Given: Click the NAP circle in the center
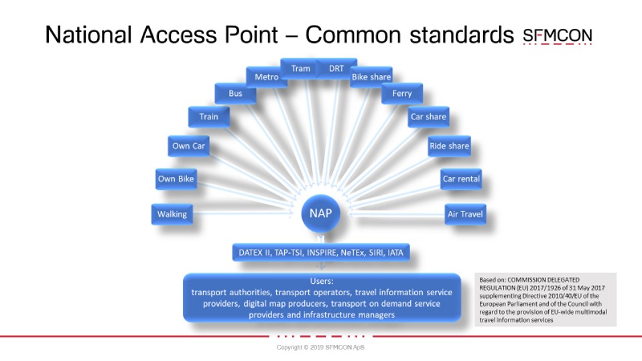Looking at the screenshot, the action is click(320, 213).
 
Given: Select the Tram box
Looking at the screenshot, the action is click(300, 68).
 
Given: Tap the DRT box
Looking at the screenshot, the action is click(337, 68).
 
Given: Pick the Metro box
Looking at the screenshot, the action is click(267, 77).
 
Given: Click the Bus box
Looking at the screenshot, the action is click(235, 93).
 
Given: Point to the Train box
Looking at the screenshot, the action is click(209, 117).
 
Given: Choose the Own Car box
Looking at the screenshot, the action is click(188, 146).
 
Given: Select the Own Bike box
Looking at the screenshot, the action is click(176, 178).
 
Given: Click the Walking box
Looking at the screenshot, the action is click(172, 214).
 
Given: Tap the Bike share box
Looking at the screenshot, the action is click(371, 77).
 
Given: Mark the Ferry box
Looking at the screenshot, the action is click(402, 93).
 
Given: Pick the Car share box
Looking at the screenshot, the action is click(428, 117).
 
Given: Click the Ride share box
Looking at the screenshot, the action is click(449, 146).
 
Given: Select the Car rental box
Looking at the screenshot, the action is click(461, 178).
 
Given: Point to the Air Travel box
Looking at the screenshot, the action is click(465, 214).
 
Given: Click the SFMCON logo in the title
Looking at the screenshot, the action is click(558, 36).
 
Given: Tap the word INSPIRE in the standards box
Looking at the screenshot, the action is click(322, 253).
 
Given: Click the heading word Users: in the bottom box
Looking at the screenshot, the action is click(322, 281).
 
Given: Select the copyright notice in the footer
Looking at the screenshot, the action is click(320, 347).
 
